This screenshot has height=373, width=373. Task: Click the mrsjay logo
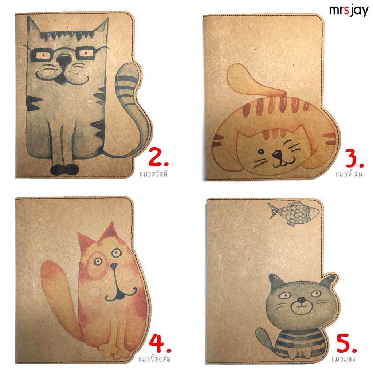(x=349, y=11)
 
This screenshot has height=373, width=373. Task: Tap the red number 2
(x=158, y=157)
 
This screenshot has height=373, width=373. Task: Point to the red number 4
(x=160, y=343)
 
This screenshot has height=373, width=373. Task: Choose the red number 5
(x=347, y=343)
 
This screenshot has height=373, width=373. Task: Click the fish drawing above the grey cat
(x=294, y=213)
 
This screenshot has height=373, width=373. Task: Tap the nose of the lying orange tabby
(x=277, y=154)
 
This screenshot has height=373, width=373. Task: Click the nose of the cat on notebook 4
(x=114, y=266)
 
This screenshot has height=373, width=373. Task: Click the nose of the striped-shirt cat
(x=301, y=300)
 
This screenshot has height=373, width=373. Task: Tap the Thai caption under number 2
(x=154, y=174)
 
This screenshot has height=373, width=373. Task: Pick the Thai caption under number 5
(x=344, y=359)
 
